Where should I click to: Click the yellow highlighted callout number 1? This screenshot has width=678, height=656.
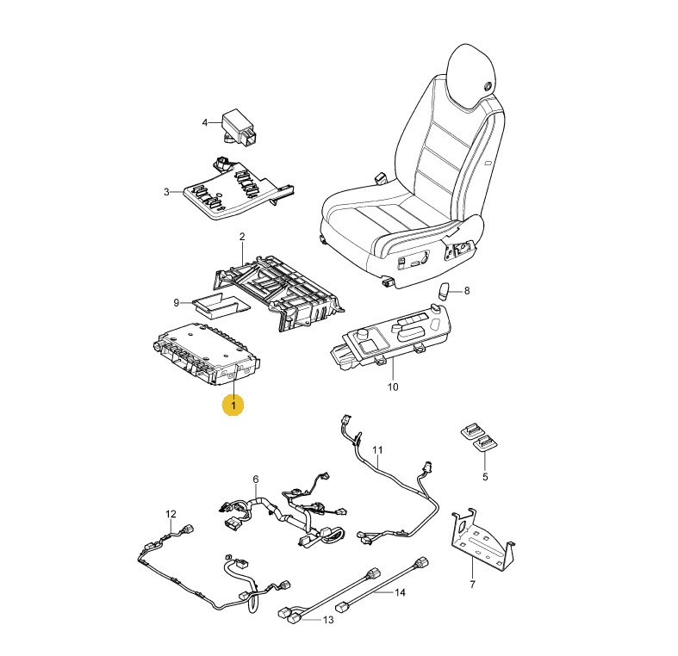(233, 405)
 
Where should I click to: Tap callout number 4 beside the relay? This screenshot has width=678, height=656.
(205, 123)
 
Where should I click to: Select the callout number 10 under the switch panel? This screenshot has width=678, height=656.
(393, 387)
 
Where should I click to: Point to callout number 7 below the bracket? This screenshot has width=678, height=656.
(472, 585)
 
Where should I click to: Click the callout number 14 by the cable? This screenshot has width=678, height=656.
(400, 592)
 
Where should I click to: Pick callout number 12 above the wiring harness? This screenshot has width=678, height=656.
(171, 514)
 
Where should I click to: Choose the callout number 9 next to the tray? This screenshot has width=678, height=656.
(176, 302)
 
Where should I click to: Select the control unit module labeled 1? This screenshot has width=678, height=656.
(207, 355)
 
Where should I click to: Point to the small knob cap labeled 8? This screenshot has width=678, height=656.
(445, 291)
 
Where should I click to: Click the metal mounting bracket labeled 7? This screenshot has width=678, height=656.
(482, 538)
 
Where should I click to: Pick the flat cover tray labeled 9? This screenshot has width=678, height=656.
(221, 305)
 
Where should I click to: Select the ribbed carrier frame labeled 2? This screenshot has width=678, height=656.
(279, 294)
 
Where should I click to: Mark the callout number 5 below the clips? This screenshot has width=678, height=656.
(485, 477)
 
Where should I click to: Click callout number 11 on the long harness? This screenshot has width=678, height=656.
(377, 450)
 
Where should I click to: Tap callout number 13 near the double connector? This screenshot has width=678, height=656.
(328, 620)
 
